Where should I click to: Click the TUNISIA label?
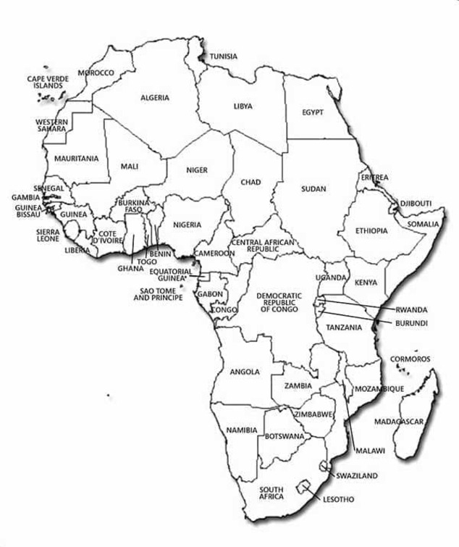click(x=224, y=56)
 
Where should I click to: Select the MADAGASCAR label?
click(x=398, y=421)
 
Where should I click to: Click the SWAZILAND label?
click(x=356, y=475)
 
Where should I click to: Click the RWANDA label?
click(x=410, y=309)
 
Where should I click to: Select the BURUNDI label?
click(x=411, y=322)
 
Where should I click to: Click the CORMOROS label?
click(x=410, y=359)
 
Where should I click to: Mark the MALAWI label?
click(x=369, y=451)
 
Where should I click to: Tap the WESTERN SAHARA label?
click(x=52, y=125)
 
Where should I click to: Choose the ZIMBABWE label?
click(x=313, y=414)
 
